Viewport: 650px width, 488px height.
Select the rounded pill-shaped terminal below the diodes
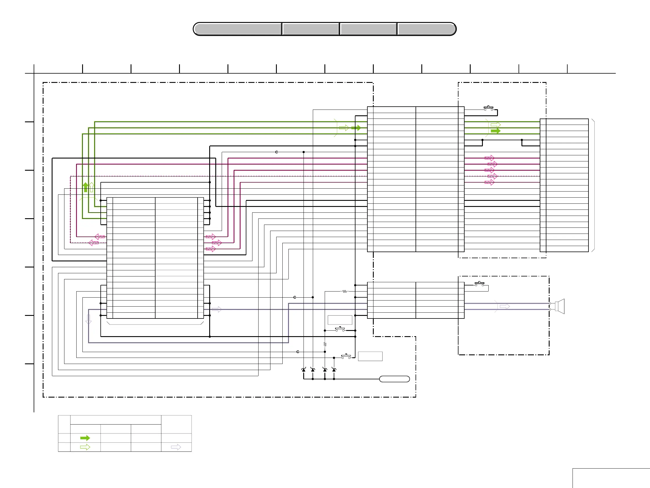pos(394,379)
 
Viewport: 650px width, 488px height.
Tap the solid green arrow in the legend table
pos(85,438)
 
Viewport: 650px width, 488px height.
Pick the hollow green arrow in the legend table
pos(85,447)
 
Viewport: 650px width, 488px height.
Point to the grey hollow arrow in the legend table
pos(176,447)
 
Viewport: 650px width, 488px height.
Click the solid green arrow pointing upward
pos(86,187)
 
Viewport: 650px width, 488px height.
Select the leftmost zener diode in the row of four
pos(304,370)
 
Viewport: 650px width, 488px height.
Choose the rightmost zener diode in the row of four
pos(334,370)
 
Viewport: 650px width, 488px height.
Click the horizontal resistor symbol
pos(345,292)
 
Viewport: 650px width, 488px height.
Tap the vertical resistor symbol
pos(325,344)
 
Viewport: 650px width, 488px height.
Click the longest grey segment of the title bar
pos(238,29)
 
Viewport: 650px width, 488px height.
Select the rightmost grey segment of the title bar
pos(426,29)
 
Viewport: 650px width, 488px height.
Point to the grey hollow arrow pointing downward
pos(89,319)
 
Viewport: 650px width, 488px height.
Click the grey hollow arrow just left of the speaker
pos(505,306)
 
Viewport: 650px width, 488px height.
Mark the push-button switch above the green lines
pos(488,108)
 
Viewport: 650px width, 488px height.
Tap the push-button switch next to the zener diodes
pos(346,356)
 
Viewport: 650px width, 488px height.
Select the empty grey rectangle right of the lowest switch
pos(370,356)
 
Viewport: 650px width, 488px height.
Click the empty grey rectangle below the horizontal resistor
pos(340,320)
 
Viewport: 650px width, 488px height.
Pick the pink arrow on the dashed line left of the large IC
pos(94,243)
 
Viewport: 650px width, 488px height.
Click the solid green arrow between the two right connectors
pos(495,131)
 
